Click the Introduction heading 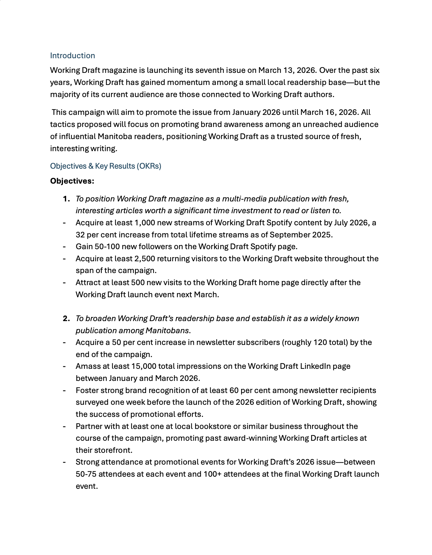click(72, 56)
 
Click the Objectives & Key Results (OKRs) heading click(105, 166)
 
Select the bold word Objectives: click(72, 181)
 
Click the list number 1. click(66, 199)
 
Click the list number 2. click(66, 319)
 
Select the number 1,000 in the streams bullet click(144, 223)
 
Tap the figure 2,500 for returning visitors click(144, 259)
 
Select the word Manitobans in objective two click(167, 331)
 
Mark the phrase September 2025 click(300, 235)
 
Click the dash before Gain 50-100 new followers click(65, 247)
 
